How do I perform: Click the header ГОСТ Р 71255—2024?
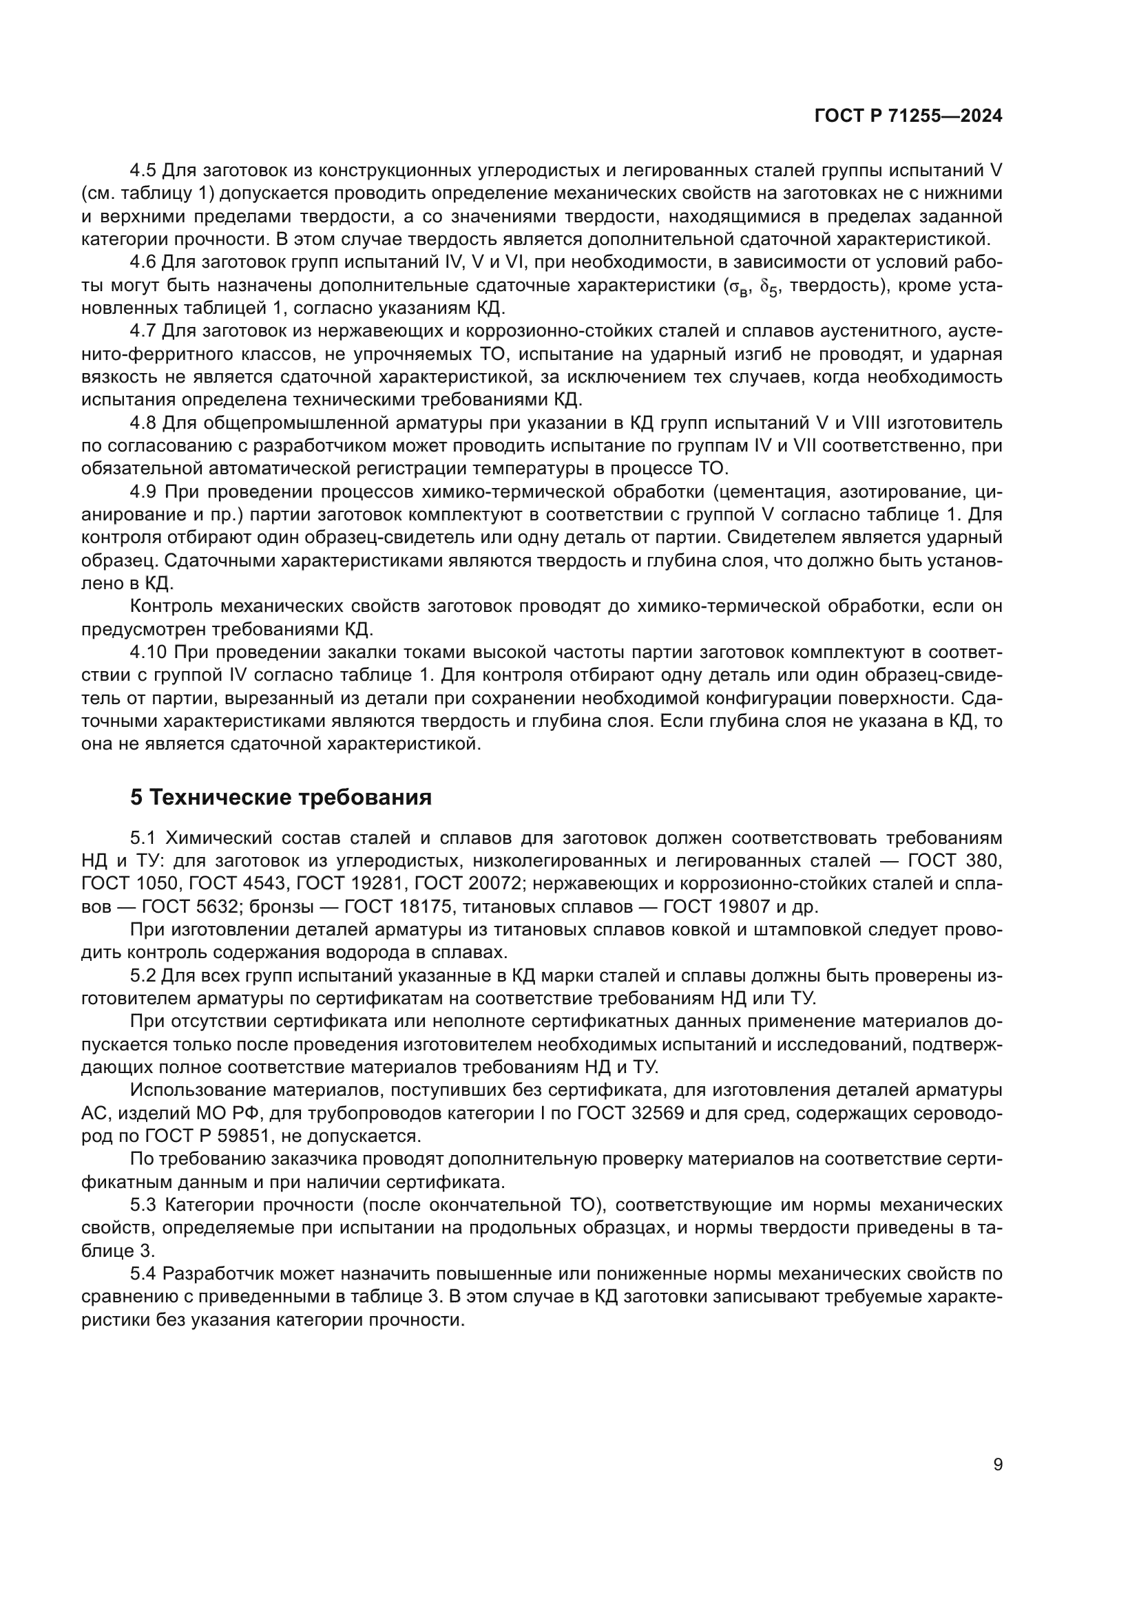pos(908,116)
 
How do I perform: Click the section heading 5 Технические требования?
pos(280,797)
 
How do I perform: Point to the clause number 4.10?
pos(148,652)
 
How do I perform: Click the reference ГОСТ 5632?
pos(185,907)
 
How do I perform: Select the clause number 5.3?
pos(145,1205)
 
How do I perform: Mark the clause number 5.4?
pos(145,1274)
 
